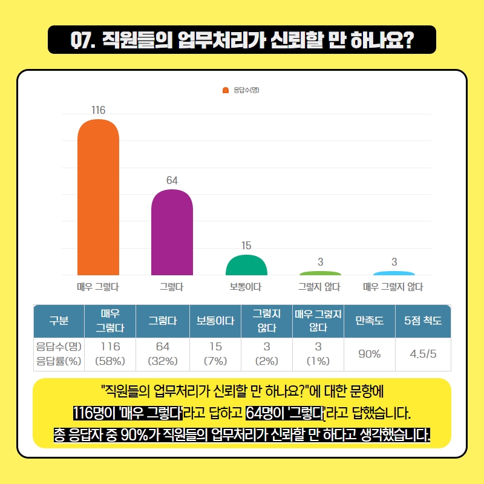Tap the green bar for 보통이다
tap(246, 266)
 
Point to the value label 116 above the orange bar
tap(98, 110)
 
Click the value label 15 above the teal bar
tap(246, 246)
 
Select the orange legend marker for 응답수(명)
tap(226, 90)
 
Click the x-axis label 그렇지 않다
tap(319, 287)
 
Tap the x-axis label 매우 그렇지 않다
tap(393, 287)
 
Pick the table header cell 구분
tap(58, 321)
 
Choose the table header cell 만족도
tap(369, 321)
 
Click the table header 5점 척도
tap(423, 321)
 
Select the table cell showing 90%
tap(369, 354)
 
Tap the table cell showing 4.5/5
tap(423, 354)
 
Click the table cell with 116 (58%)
tap(110, 354)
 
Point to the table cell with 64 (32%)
tap(162, 354)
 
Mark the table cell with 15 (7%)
tap(215, 354)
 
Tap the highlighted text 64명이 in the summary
tap(266, 416)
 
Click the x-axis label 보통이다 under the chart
tap(246, 287)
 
